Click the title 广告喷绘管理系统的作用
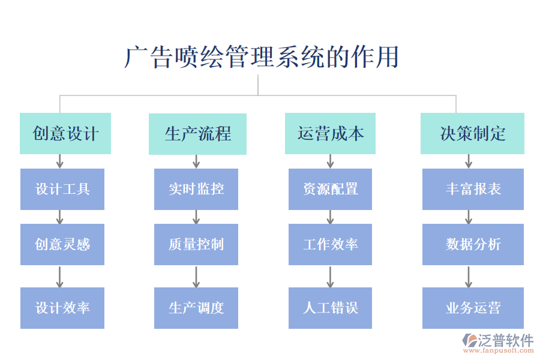click(x=262, y=58)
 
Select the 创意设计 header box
click(x=65, y=134)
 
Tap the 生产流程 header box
click(x=197, y=134)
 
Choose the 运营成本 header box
click(x=330, y=134)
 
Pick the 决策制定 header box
click(x=472, y=134)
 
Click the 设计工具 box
click(x=62, y=189)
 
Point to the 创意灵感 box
click(x=62, y=244)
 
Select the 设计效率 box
click(x=62, y=308)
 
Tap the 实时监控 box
click(x=196, y=189)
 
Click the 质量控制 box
click(x=196, y=244)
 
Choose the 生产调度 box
click(x=196, y=308)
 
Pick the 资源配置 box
click(x=330, y=189)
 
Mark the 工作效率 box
click(x=330, y=244)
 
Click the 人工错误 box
click(x=330, y=308)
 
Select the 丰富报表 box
click(x=473, y=189)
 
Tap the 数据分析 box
click(x=473, y=244)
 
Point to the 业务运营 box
click(x=473, y=308)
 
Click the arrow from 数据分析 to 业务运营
click(x=469, y=276)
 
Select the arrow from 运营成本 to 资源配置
click(x=330, y=161)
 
